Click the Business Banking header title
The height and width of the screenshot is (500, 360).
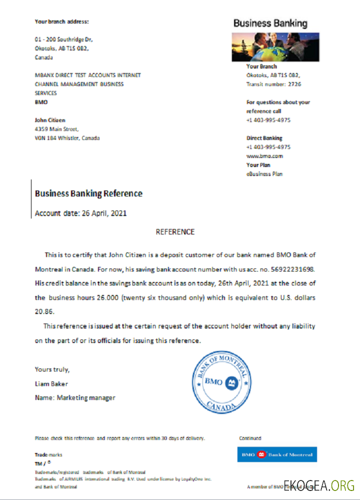(270, 23)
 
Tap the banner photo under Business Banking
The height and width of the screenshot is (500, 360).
(275, 47)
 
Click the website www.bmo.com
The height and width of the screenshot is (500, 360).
(264, 156)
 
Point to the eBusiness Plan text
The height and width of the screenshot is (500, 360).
(264, 174)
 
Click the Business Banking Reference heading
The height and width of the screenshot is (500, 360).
(88, 193)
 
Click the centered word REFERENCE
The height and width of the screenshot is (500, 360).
(175, 232)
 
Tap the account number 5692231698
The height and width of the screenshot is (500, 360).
(292, 269)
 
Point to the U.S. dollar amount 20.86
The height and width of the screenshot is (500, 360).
(44, 311)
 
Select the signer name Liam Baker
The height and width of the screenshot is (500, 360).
(51, 384)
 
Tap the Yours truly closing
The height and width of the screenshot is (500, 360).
(52, 369)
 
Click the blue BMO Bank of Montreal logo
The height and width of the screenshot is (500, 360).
(276, 454)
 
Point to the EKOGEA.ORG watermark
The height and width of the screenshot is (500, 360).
(318, 485)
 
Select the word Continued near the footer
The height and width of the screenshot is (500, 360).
(250, 438)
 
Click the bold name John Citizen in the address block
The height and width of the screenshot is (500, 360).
(50, 120)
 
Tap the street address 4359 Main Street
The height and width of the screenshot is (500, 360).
(57, 129)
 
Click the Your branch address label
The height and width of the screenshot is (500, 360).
(61, 21)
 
